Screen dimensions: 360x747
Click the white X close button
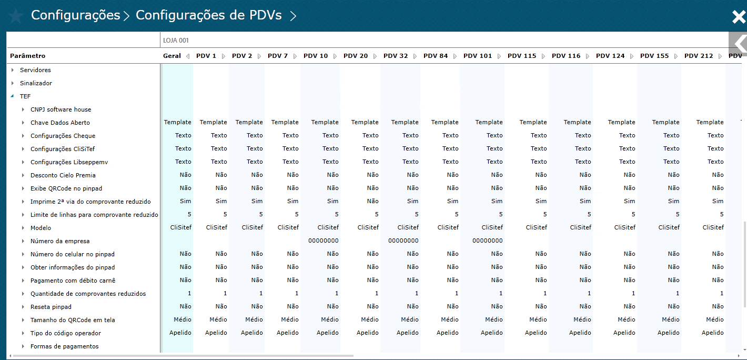coord(739,17)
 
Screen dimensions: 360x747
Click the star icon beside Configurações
coord(16,16)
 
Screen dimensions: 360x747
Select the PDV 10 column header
coord(316,56)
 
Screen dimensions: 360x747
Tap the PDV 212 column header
coord(699,56)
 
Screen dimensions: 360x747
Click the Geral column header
coord(171,56)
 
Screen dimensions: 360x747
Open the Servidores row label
coord(35,70)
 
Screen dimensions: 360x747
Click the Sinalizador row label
coord(36,83)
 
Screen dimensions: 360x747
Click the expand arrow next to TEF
coord(12,96)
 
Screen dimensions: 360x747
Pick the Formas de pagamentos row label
coord(64,346)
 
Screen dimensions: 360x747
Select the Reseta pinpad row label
coord(51,307)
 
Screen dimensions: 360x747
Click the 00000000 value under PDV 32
coord(403,241)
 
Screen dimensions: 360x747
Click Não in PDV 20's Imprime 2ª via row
coord(372,201)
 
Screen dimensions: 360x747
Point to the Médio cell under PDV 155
coord(670,319)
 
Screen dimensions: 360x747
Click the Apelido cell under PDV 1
coord(216,333)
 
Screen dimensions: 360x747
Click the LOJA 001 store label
coord(176,41)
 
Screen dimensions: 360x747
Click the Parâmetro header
coord(28,56)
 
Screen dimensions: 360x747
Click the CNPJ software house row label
coord(60,109)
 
